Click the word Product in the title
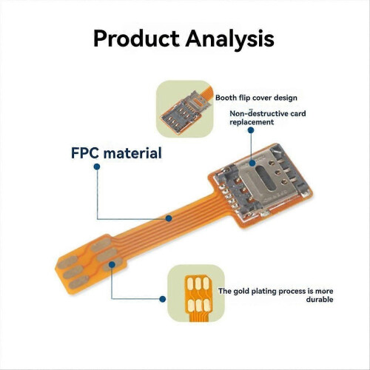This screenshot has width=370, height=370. [136, 38]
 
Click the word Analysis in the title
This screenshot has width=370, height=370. [230, 39]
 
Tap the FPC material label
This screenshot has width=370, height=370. [116, 153]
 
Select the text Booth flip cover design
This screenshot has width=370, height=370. [256, 98]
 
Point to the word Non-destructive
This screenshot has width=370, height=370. [255, 113]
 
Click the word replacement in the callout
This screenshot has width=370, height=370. [252, 122]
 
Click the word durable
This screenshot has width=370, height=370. [320, 300]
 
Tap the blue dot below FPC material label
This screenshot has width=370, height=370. [97, 166]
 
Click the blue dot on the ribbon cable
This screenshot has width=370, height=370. [169, 218]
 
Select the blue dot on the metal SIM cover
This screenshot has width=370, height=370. [252, 163]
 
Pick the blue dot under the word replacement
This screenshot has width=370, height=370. [251, 130]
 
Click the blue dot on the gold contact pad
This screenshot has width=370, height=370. [112, 265]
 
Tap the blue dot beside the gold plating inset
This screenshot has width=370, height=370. [162, 299]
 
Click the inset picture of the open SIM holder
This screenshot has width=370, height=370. [184, 109]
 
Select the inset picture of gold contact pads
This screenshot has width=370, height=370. [196, 293]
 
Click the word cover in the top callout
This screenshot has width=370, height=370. [262, 98]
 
